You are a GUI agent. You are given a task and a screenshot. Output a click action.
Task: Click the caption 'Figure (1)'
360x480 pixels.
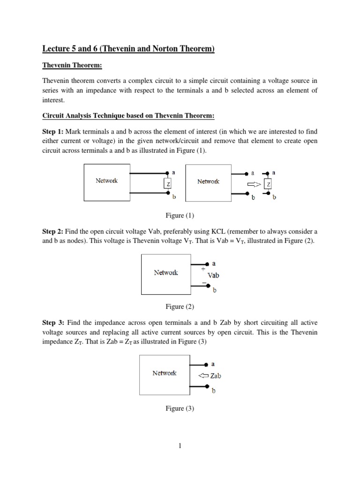pos(180,216)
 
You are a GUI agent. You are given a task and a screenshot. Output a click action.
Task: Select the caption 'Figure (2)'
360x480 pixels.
pos(180,307)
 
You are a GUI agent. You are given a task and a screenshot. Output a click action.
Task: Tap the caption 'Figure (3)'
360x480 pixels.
pos(180,409)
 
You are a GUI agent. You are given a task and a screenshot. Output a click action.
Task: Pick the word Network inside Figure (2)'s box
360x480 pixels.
pos(166,272)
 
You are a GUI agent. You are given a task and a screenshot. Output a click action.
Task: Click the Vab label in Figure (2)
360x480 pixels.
pos(213,276)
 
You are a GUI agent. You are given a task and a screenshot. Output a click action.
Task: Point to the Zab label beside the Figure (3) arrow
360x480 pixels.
pos(216,375)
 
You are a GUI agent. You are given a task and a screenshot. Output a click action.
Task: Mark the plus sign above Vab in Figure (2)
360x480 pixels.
pos(203,269)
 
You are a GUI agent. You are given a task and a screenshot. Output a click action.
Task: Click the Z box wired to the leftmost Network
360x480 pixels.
pos(167,184)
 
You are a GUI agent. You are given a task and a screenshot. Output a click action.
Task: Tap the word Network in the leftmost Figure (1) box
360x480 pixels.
pos(107,180)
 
